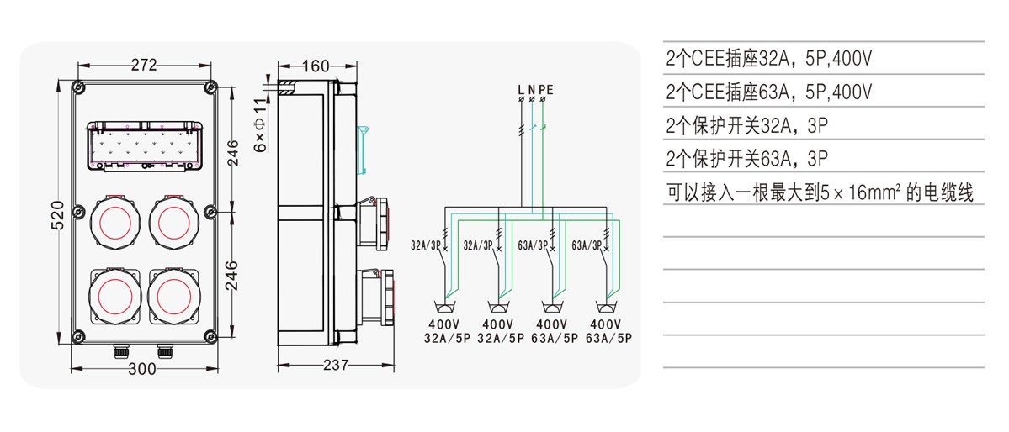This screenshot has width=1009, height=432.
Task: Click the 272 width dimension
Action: click(144, 65)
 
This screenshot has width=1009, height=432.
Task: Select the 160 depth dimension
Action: click(315, 66)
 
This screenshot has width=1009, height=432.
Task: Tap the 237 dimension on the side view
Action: click(334, 364)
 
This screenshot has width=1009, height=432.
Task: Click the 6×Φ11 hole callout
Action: click(261, 125)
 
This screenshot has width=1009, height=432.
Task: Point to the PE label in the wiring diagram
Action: click(547, 88)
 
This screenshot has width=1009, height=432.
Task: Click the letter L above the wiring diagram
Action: click(521, 88)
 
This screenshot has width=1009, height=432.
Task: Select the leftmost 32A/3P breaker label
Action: click(426, 246)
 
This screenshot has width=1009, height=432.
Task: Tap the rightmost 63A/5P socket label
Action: click(607, 338)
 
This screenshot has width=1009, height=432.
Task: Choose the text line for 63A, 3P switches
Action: click(747, 158)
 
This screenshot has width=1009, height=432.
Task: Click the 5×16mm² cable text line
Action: click(819, 192)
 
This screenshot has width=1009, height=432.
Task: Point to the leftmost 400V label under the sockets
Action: click(444, 324)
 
